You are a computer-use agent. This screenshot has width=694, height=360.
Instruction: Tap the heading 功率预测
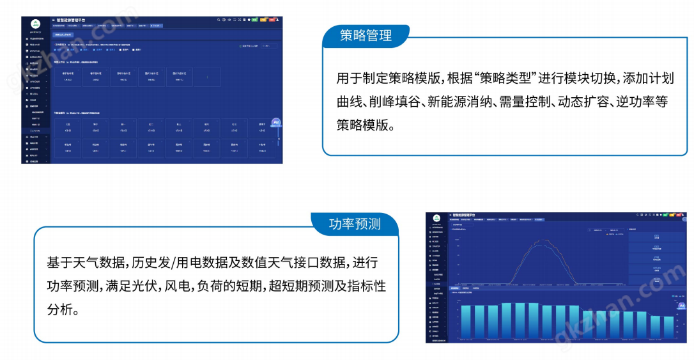(x=355, y=224)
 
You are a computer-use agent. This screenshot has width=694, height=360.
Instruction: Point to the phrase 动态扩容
(x=583, y=102)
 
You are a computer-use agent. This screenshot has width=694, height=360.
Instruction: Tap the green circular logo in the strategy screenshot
(x=35, y=24)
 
